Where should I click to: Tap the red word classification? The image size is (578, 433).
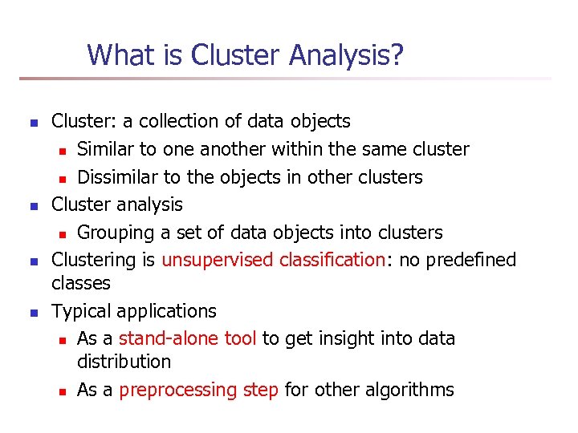pyautogui.click(x=333, y=260)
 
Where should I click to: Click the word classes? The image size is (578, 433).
pyautogui.click(x=81, y=283)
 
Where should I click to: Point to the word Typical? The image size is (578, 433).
pyautogui.click(x=81, y=311)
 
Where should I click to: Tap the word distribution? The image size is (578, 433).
pyautogui.click(x=124, y=362)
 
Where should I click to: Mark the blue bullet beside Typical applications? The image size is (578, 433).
pyautogui.click(x=33, y=312)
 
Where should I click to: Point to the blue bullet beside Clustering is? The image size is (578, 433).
pyautogui.click(x=33, y=261)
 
